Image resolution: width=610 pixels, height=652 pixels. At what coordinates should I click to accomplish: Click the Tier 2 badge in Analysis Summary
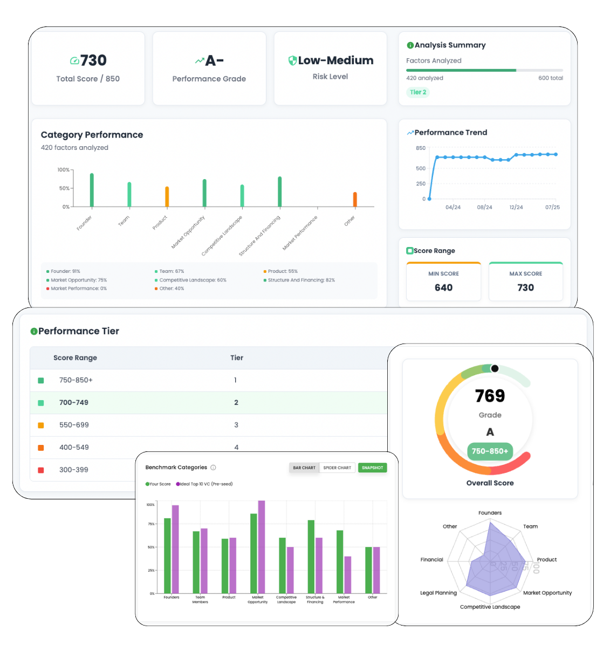418,92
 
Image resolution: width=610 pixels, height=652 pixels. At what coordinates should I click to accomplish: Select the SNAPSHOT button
372,468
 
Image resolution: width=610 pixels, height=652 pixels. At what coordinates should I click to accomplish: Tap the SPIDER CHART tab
337,468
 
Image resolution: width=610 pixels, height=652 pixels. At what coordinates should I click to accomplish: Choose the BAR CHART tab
304,468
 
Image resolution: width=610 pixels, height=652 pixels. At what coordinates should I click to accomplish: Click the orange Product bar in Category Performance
167,197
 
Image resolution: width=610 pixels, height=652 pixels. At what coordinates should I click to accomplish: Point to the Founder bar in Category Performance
92,190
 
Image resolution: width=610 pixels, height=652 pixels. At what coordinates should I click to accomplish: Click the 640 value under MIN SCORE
443,287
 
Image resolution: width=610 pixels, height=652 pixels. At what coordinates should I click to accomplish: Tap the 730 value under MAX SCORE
525,287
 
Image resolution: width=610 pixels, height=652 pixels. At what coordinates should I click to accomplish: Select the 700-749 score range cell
74,402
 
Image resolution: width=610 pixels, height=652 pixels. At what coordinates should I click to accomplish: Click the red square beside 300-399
41,470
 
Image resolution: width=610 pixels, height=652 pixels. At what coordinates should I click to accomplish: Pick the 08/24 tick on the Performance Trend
484,207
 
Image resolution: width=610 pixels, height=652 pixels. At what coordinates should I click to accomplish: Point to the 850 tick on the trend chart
421,148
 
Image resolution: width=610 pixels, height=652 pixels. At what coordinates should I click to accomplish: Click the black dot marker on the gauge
495,368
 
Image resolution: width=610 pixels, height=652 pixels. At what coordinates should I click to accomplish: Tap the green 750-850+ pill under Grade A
490,451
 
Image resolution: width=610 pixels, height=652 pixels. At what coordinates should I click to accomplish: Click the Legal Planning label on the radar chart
438,593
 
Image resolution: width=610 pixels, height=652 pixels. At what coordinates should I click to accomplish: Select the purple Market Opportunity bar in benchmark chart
262,547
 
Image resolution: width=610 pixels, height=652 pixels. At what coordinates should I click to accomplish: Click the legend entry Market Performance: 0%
79,289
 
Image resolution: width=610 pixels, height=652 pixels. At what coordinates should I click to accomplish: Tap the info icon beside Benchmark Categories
213,468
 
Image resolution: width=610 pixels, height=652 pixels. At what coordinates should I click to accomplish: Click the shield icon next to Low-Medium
292,60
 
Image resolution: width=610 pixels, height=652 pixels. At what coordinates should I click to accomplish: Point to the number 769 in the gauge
490,396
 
